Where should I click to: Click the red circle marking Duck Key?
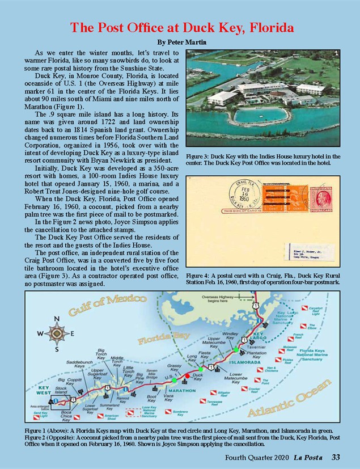[188, 375]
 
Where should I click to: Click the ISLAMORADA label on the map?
[245, 361]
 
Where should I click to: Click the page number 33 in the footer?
[336, 457]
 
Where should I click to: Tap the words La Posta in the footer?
[310, 457]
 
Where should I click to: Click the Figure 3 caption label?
[201, 156]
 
